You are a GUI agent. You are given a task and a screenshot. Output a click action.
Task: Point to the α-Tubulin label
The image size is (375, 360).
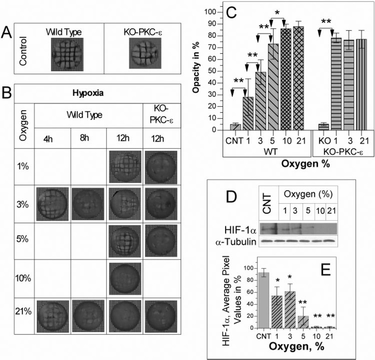pyautogui.click(x=236, y=242)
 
